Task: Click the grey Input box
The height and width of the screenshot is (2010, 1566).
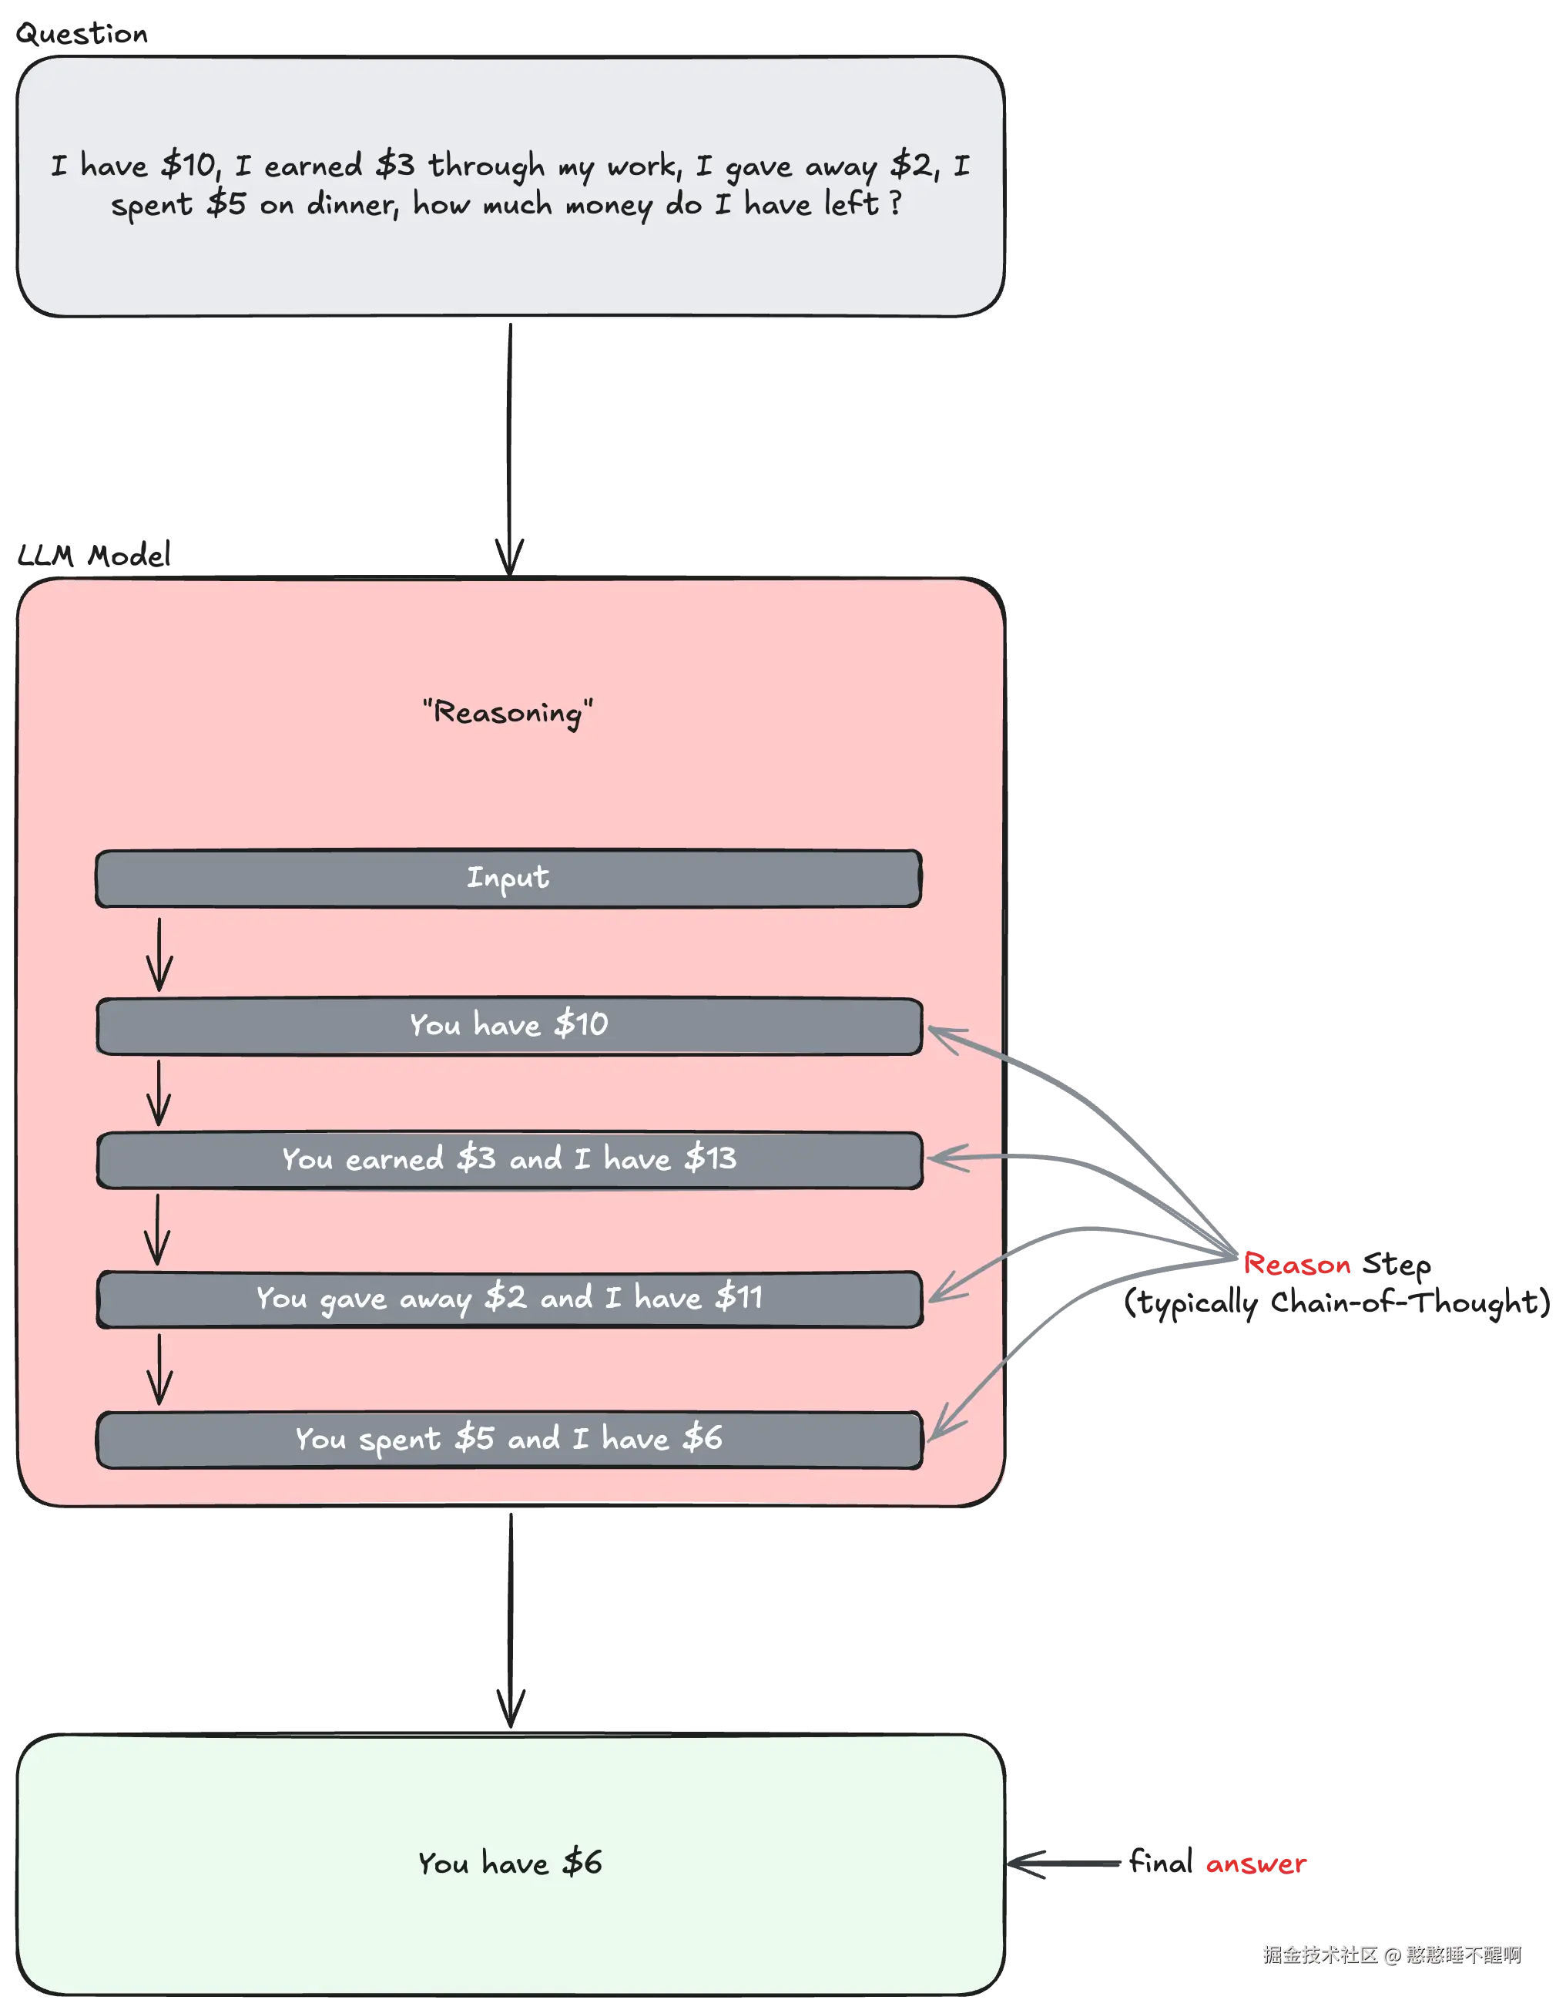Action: [x=508, y=878]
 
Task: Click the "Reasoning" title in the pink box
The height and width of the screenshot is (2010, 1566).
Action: [x=508, y=712]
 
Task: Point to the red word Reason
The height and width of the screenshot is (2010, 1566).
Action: [x=1298, y=1265]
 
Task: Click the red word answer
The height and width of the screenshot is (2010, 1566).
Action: [x=1257, y=1864]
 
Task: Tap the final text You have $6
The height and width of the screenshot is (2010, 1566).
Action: [x=509, y=1864]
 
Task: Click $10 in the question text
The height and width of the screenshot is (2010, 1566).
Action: [x=189, y=166]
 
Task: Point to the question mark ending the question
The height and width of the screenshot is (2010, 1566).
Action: [x=894, y=203]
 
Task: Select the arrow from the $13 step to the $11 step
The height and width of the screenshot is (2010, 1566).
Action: [x=157, y=1229]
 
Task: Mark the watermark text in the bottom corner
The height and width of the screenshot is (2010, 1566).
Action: [x=1391, y=1954]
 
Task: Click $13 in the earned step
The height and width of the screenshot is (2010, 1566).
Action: [x=710, y=1158]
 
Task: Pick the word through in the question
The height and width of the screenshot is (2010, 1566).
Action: [x=486, y=166]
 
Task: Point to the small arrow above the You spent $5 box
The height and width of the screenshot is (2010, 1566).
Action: [x=159, y=1370]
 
